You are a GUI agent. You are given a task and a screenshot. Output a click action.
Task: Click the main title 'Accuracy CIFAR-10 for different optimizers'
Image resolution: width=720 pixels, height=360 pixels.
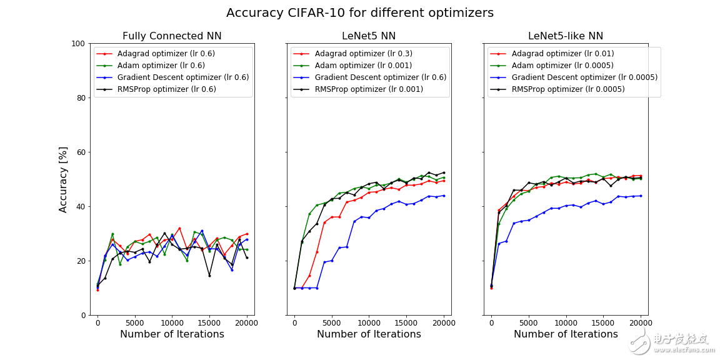(359, 13)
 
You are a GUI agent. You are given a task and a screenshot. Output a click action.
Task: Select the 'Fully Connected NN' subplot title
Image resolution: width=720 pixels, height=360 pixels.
(172, 36)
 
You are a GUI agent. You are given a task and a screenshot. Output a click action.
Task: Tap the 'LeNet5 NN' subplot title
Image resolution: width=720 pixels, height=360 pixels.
(369, 36)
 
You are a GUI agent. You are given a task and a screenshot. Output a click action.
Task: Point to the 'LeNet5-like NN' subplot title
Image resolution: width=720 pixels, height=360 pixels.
(566, 36)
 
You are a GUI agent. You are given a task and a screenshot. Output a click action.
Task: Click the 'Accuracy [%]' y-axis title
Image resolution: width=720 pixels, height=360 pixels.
(63, 179)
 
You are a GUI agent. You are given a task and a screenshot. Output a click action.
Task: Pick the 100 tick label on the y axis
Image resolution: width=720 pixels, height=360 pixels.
(78, 44)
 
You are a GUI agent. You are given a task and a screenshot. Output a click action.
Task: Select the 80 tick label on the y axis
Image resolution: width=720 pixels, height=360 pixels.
(81, 98)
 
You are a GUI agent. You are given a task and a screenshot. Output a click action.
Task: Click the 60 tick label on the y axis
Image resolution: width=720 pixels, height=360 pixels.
(81, 152)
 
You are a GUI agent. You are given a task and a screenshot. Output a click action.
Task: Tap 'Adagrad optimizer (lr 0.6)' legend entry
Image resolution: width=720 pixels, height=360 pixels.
(166, 54)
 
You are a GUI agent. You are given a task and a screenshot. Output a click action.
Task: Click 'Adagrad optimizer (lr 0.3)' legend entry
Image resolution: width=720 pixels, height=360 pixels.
(363, 54)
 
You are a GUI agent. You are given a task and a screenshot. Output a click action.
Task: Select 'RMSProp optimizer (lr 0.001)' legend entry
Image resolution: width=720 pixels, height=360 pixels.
(369, 89)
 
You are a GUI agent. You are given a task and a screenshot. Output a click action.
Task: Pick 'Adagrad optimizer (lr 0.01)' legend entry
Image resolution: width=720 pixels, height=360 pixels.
(562, 54)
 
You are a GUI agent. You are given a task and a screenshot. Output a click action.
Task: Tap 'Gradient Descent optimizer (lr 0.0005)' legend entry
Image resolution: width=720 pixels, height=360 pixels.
(584, 77)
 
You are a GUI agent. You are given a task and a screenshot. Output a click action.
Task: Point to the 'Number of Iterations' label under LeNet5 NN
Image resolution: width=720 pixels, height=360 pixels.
(369, 334)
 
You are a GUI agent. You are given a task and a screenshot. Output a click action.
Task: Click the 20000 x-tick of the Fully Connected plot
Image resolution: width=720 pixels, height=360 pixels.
(247, 323)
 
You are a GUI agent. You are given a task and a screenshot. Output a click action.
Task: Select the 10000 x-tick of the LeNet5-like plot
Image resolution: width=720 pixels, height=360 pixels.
(566, 323)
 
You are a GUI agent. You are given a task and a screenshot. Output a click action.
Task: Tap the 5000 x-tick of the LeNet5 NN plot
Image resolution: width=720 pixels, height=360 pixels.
(332, 323)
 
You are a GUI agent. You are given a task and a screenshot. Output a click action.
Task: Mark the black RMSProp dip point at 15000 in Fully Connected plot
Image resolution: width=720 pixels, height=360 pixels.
(209, 276)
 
